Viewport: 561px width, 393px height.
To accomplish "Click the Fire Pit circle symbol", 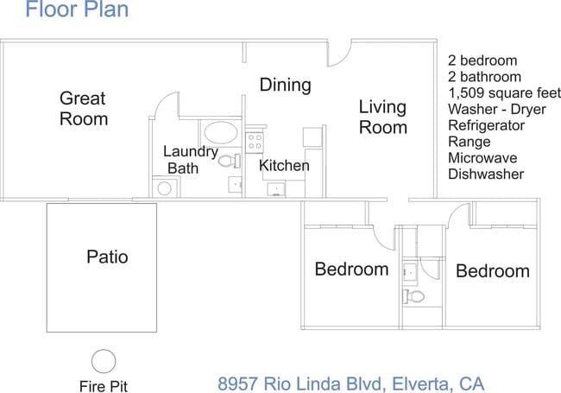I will (104, 360).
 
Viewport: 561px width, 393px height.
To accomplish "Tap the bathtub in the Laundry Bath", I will (221, 134).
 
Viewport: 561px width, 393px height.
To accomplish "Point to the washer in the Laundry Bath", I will (162, 188).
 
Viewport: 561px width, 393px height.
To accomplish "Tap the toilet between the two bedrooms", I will (414, 296).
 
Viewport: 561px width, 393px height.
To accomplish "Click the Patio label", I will (107, 257).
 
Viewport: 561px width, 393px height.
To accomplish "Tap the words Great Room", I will (84, 108).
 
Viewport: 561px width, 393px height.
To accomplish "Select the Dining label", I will (285, 85).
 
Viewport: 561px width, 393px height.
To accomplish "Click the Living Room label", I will (382, 117).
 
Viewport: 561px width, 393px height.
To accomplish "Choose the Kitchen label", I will (284, 165).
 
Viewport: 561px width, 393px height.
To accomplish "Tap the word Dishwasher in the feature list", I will (486, 174).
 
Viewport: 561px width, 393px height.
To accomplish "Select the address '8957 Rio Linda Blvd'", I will (296, 383).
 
